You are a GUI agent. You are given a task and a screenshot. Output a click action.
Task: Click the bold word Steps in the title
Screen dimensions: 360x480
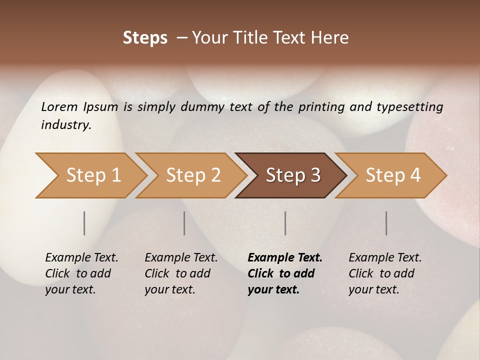pos(145,38)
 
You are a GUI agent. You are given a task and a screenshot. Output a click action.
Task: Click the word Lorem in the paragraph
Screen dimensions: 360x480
pos(59,107)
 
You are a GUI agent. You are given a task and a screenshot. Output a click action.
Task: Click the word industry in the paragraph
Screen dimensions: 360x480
pos(65,124)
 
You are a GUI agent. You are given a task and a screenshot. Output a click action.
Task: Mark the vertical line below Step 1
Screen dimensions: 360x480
pos(84,223)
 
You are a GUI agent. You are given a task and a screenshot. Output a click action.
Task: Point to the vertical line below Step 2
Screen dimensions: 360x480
pos(184,223)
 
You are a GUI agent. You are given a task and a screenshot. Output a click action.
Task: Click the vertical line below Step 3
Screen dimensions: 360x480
pos(285,223)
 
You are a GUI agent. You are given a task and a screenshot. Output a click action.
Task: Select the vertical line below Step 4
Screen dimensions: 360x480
pos(386,223)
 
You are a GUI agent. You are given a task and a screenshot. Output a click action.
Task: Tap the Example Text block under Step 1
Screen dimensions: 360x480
pos(81,273)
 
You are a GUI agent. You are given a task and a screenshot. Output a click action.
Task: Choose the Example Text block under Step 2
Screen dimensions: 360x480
pos(180,273)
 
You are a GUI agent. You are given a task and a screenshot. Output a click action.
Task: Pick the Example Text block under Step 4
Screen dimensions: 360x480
pos(384,273)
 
